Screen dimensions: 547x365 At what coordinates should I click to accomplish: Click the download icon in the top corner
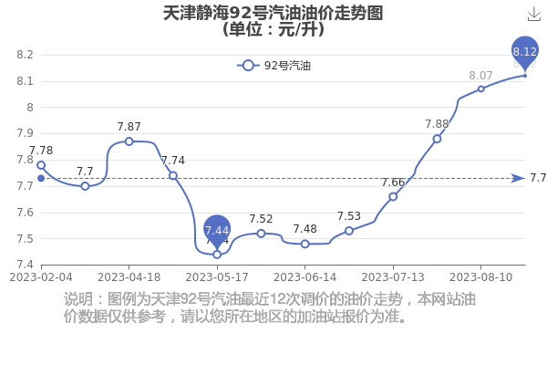tap(533, 14)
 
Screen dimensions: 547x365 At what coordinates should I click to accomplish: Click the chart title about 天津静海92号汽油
tap(273, 21)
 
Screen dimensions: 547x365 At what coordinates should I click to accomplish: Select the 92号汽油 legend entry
tap(273, 66)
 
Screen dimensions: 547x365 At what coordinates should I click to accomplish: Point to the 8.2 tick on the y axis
tap(25, 55)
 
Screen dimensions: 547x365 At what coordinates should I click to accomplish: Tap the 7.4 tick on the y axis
tap(25, 265)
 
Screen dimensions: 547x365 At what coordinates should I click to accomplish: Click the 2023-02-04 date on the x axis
tap(41, 277)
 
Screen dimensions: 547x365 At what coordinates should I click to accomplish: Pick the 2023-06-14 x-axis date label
tap(304, 277)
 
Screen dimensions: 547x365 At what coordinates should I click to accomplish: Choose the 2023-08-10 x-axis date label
tap(480, 277)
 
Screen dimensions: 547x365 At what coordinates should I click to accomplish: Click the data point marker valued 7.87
tap(129, 141)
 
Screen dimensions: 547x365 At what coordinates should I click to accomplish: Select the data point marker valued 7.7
tap(85, 186)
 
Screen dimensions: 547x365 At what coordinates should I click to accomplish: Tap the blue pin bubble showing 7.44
tap(217, 232)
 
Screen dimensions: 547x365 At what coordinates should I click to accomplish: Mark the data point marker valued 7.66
tap(393, 197)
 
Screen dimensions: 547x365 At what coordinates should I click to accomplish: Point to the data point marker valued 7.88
tap(437, 139)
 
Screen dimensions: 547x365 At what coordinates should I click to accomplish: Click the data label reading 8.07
tap(480, 76)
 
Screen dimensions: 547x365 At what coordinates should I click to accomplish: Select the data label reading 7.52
tap(261, 219)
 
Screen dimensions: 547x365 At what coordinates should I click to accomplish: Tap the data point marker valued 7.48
tap(304, 244)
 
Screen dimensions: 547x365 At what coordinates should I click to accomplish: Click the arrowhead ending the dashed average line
tap(518, 179)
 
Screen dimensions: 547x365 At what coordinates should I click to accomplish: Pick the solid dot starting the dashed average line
tap(41, 179)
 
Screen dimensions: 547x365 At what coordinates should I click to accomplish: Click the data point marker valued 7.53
tap(349, 231)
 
